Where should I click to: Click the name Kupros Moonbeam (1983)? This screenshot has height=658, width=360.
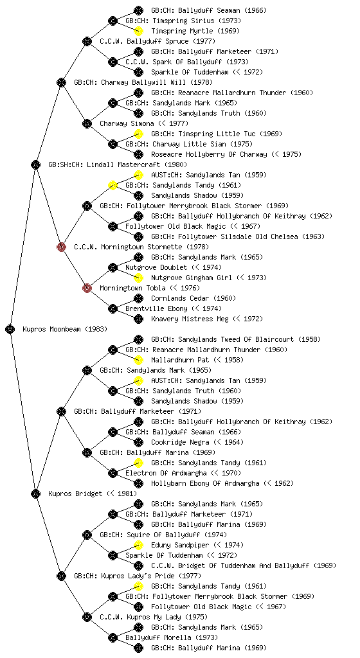click(65, 330)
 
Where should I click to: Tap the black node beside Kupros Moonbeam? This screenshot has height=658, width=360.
click(10, 329)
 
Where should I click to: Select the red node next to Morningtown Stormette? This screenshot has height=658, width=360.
click(61, 247)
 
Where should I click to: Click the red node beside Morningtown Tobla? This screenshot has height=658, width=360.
click(87, 288)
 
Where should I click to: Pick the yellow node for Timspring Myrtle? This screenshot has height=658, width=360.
click(138, 31)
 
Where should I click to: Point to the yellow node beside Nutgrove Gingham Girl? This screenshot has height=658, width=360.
click(138, 278)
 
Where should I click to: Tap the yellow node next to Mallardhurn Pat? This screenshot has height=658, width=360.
click(138, 360)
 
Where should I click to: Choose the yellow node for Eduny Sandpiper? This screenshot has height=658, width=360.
click(138, 545)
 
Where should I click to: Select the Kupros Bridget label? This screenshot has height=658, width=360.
click(75, 493)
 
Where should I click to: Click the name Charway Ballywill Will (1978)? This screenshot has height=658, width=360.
click(143, 83)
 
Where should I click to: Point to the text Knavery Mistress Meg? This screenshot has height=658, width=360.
click(190, 319)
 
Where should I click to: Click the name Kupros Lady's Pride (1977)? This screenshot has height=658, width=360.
click(138, 576)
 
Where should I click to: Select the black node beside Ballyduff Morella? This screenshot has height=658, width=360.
click(113, 638)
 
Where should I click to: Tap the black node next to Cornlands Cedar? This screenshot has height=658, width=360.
click(138, 298)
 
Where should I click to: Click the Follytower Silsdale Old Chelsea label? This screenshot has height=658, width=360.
click(238, 236)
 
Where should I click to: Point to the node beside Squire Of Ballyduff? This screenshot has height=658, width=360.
click(87, 535)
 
